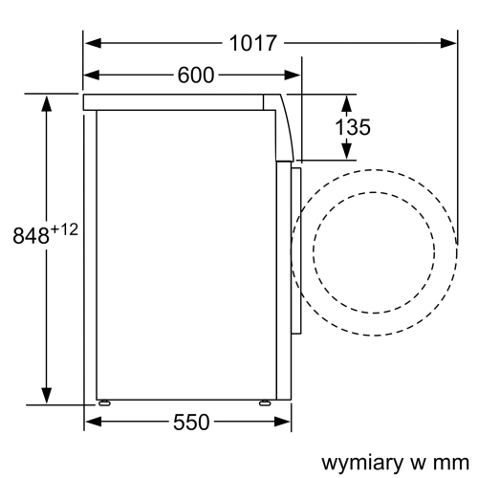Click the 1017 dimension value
pyautogui.click(x=253, y=43)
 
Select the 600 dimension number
pyautogui.click(x=196, y=76)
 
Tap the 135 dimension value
pyautogui.click(x=353, y=127)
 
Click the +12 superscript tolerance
pyautogui.click(x=63, y=229)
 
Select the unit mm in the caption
pyautogui.click(x=442, y=462)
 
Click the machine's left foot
pyautogui.click(x=102, y=404)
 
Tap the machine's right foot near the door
pyautogui.click(x=262, y=404)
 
